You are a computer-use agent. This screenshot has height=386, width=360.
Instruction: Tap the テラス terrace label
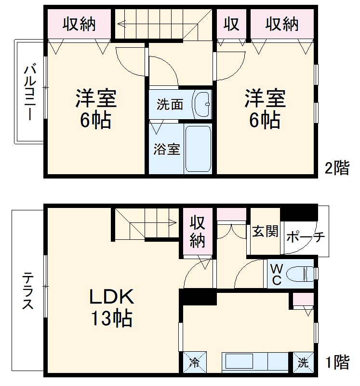pyautogui.click(x=28, y=291)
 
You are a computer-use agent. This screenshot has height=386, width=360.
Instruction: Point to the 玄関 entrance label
pyautogui.click(x=265, y=232)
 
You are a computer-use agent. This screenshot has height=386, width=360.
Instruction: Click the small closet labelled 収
pyautogui.click(x=231, y=24)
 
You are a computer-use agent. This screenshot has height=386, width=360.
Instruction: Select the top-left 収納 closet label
pyautogui.click(x=79, y=24)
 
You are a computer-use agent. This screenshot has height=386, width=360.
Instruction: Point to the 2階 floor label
pyautogui.click(x=336, y=168)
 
